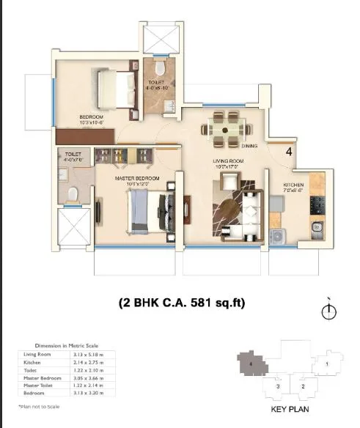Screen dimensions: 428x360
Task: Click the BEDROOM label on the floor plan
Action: [92, 117]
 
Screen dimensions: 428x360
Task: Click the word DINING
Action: [249, 146]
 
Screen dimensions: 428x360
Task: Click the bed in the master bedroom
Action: [150, 213]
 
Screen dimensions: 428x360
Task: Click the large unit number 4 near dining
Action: [289, 152]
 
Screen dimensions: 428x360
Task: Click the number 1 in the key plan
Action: [328, 363]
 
